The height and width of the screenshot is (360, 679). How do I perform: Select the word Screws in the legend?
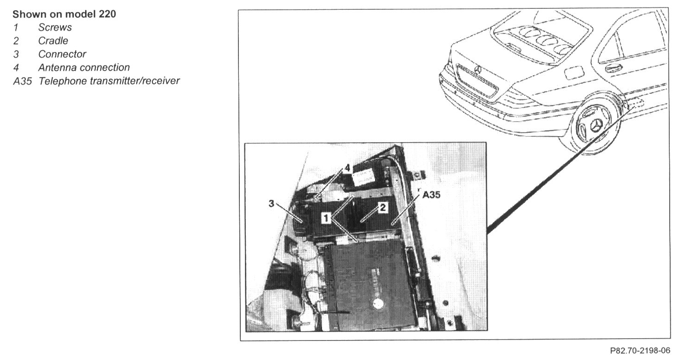coord(55,27)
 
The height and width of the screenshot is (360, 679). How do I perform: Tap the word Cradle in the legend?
coord(53,41)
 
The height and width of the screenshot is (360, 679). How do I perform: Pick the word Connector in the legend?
coord(62,54)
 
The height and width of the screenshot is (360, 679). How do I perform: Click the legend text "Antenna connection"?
coord(84,68)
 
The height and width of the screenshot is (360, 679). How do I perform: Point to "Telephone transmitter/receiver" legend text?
coord(109,81)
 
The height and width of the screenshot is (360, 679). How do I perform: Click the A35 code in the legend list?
coord(22,81)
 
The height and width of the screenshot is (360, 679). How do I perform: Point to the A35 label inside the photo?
coord(432,196)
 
